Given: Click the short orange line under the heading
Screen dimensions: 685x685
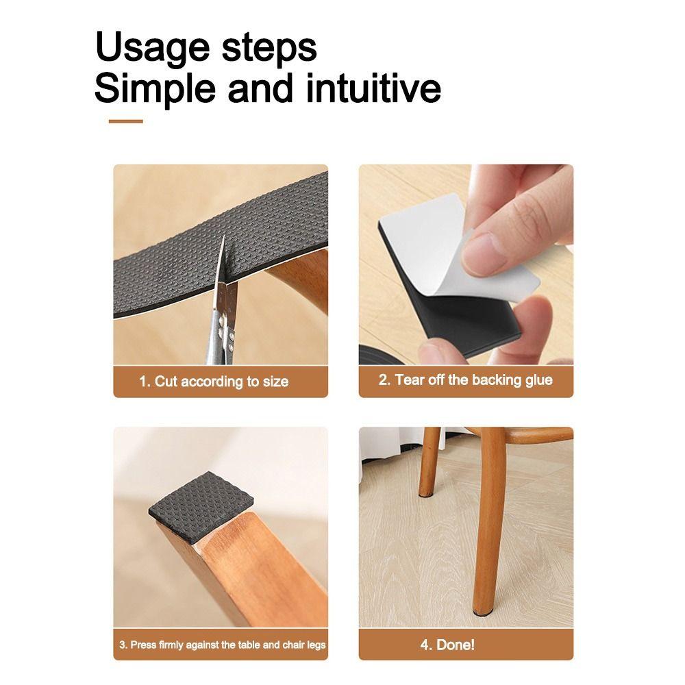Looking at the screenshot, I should [125, 121].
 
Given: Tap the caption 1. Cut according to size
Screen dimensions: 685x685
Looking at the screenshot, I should [214, 382].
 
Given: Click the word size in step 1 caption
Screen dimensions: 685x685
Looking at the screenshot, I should [276, 382].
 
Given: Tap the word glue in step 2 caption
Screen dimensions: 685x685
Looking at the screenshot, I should [539, 380].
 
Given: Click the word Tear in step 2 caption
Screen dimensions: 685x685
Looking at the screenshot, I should [410, 380].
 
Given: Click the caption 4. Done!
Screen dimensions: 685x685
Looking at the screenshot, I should [447, 645].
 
